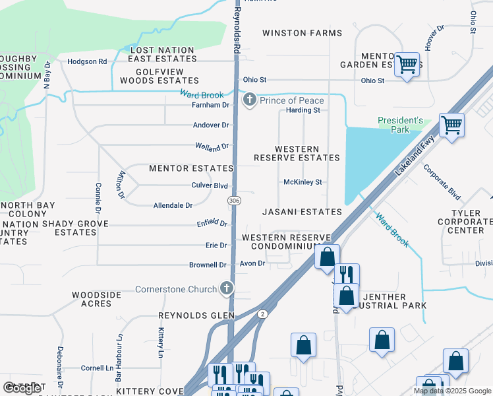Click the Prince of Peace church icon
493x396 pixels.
click(x=249, y=100)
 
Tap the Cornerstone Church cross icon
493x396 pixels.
click(x=226, y=288)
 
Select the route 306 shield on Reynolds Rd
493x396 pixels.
click(x=233, y=200)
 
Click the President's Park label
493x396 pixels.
click(x=400, y=125)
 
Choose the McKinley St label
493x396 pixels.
click(x=303, y=182)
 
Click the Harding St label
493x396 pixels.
click(x=303, y=110)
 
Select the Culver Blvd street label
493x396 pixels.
click(x=210, y=186)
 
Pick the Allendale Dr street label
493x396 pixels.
click(x=173, y=206)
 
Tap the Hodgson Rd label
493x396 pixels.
click(x=87, y=61)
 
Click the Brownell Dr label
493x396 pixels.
click(x=208, y=265)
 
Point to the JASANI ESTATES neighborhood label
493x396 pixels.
click(x=302, y=212)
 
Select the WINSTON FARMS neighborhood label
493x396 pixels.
click(x=302, y=33)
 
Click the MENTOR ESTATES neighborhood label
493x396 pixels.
click(x=191, y=169)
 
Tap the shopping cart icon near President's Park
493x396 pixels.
click(x=451, y=124)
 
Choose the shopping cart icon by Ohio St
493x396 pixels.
click(x=407, y=65)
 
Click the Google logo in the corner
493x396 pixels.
click(x=22, y=388)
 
